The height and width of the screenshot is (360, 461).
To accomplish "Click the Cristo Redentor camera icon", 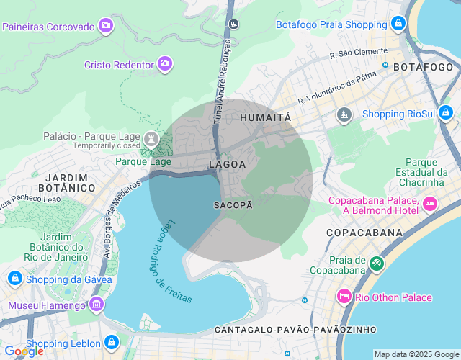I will click(x=166, y=64).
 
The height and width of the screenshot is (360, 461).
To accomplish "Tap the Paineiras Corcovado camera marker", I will click(x=107, y=26).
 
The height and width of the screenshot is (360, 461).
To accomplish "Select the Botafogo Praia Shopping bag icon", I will click(x=398, y=24).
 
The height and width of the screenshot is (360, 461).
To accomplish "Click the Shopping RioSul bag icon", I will click(x=446, y=113).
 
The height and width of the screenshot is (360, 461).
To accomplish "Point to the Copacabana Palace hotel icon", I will click(x=431, y=204).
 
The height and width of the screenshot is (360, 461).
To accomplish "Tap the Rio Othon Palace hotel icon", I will click(x=344, y=297).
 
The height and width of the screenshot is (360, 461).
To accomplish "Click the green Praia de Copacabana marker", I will click(x=375, y=264).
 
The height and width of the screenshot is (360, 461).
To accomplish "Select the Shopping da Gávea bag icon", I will click(x=14, y=279).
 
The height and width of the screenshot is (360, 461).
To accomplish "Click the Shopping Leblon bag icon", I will click(x=112, y=343).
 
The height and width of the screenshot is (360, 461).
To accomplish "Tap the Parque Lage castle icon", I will click(x=151, y=137).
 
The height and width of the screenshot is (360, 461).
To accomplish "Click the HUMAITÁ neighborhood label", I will click(x=265, y=117).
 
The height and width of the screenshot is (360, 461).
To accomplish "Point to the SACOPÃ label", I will click(x=233, y=205).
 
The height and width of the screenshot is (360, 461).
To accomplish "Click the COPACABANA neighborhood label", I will click(x=364, y=233).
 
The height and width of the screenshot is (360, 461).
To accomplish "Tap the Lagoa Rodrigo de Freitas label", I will click(x=167, y=255).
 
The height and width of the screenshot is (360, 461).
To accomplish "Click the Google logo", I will click(x=24, y=351).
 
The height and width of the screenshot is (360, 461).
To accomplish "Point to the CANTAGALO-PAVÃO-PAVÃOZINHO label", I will click(x=295, y=329).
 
